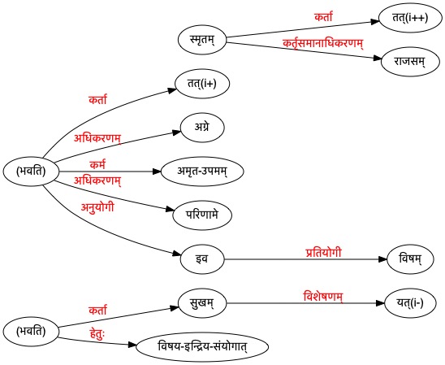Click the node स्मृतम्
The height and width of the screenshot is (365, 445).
pos(202,40)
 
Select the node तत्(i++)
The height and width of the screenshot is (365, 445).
pos(410,18)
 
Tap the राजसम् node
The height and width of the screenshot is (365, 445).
pos(410,62)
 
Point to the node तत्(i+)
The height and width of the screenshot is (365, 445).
pos(202,84)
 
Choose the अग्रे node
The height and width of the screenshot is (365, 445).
pos(202,128)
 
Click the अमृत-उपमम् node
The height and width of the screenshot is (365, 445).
pos(202,172)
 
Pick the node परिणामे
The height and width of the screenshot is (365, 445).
pos(202,215)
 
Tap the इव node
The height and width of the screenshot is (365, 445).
pos(202,259)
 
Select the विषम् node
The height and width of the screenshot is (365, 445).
pos(410,259)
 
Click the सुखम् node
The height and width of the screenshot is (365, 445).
pos(202,303)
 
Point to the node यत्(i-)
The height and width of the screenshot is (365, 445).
pos(410,303)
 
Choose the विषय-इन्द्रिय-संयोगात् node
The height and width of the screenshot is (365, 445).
pos(202,347)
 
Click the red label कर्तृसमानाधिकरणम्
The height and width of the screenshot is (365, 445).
pos(323,44)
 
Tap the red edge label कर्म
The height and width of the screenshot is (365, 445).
pos(97,165)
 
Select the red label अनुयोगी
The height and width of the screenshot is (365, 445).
pos(97,207)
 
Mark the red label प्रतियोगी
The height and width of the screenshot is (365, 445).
pos(323,253)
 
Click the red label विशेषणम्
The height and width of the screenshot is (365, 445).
pos(323,297)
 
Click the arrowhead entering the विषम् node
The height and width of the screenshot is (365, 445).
pos(383,259)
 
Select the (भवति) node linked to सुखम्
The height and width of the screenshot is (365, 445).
pos(31,332)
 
